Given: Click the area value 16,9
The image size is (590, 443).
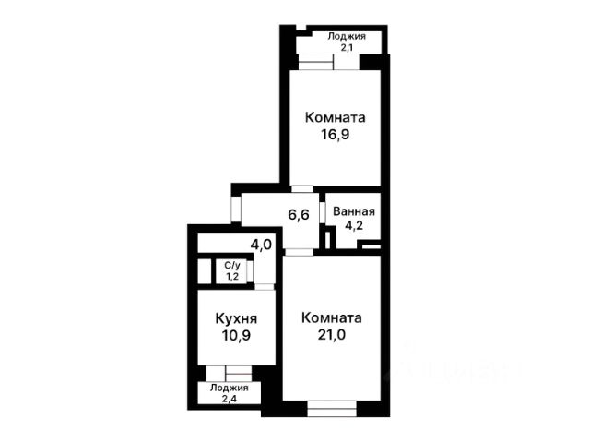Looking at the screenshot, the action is tap(335, 134).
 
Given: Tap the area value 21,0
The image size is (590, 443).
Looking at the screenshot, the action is tap(332, 334).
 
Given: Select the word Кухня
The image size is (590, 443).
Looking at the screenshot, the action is tap(236, 318).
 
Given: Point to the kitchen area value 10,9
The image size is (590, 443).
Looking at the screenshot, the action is tap(236, 335).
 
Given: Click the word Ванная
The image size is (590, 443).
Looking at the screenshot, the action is tap(354, 211).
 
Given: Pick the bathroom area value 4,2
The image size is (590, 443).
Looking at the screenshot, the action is tap(354, 225).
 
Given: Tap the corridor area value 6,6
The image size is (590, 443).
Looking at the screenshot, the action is tap(299, 215).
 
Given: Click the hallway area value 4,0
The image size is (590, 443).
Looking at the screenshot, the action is tap(261, 245).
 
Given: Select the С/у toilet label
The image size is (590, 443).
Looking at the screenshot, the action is tap(232, 266).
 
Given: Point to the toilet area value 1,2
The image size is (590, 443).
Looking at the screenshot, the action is tap(232, 277).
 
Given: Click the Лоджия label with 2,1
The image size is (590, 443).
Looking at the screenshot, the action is tap(347, 37).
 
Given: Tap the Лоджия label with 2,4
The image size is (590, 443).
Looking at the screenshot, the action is tap(230, 388).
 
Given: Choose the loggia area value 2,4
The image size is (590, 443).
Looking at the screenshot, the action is tap(230, 399).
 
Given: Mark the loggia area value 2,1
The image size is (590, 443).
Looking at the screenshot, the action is tap(347, 48).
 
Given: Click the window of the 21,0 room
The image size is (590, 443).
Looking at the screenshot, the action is tap(332, 408).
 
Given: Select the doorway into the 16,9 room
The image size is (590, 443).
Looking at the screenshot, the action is tap(303, 188).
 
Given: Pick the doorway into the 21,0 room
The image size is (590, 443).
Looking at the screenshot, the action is tap(299, 252).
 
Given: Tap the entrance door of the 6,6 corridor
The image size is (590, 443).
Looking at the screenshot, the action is tap(236, 209).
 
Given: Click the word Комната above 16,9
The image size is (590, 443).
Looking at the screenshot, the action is tap(335, 117).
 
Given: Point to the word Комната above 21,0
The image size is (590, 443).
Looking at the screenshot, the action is tap(332, 317).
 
